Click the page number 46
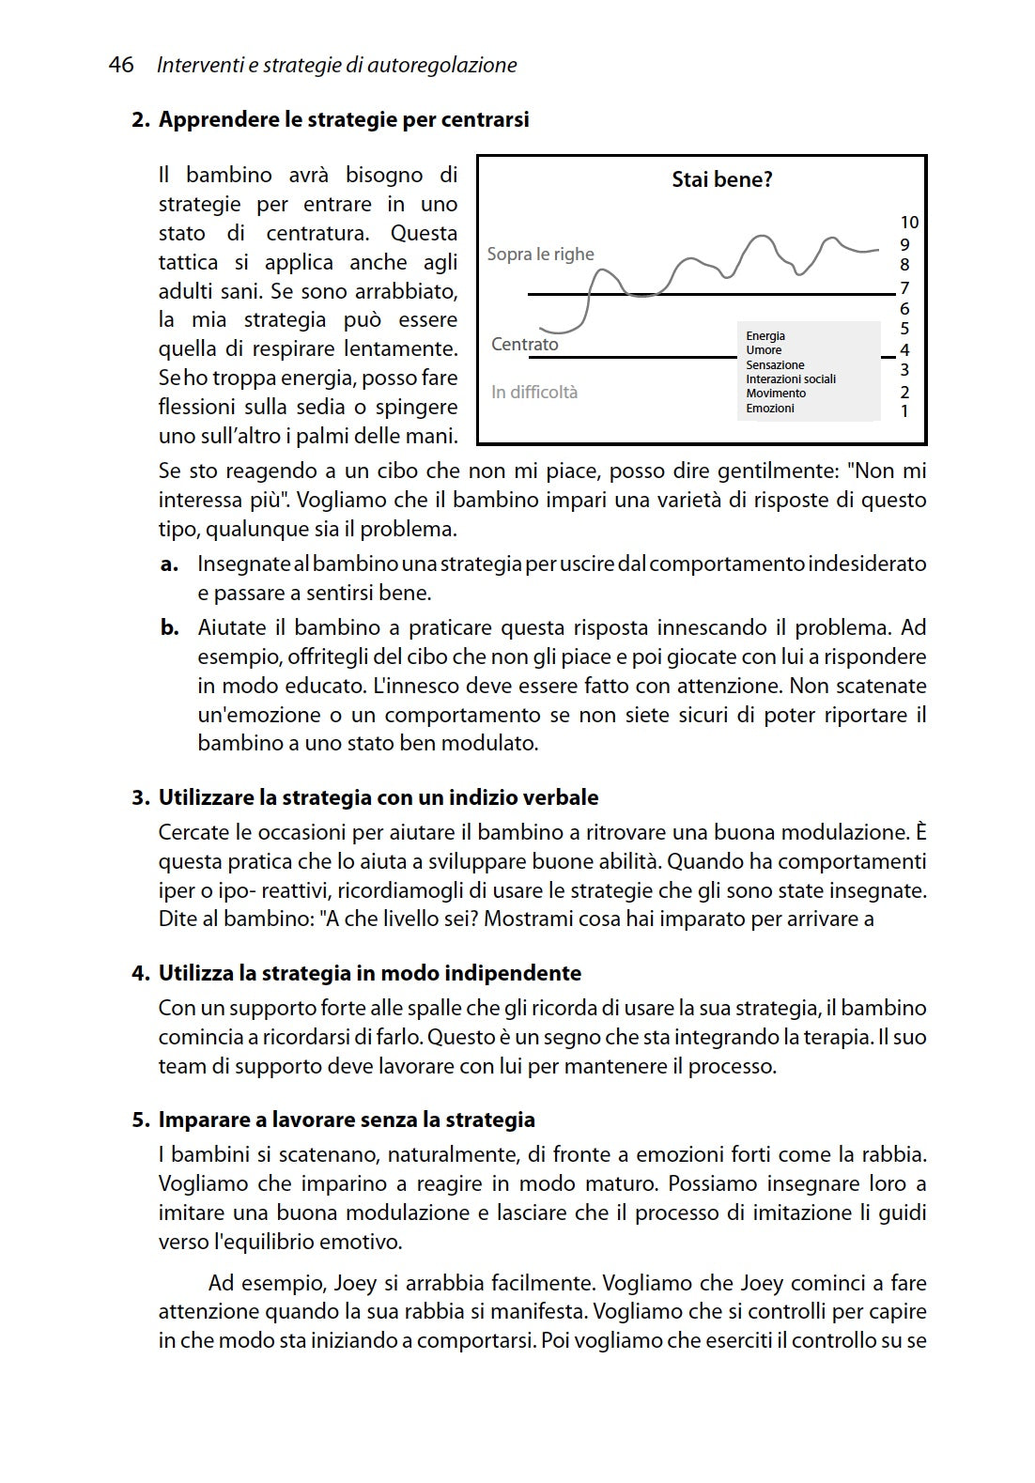[x=121, y=65]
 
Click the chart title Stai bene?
[x=721, y=179]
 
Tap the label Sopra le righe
[x=540, y=254]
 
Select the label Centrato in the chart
[x=524, y=344]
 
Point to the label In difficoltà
[x=534, y=392]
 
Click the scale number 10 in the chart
[x=908, y=223]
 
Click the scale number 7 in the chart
[x=904, y=288]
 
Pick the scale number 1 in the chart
[x=904, y=410]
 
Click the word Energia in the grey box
[x=765, y=336]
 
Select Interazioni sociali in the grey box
[x=790, y=379]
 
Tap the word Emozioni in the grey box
[x=769, y=409]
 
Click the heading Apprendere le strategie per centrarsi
[x=344, y=119]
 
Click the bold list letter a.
[x=169, y=564]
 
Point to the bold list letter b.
[x=169, y=627]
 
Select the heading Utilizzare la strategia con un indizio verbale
[x=378, y=797]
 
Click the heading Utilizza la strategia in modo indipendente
[x=369, y=973]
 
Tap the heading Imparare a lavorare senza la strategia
[x=346, y=1120]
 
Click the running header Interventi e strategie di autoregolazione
[x=337, y=65]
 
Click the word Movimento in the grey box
[x=776, y=394]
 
